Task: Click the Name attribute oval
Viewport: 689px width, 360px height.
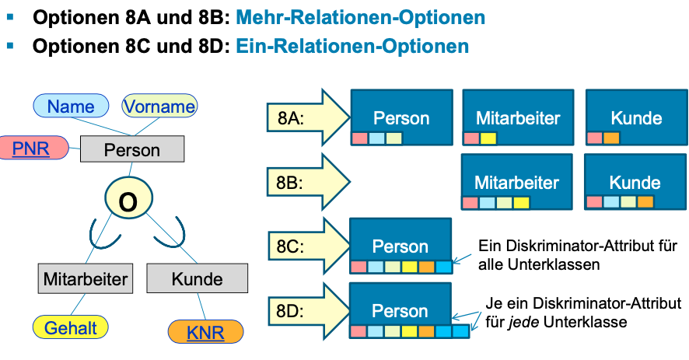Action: pos(71,106)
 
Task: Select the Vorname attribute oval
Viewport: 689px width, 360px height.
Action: pos(159,106)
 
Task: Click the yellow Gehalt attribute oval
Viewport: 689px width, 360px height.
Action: pos(70,327)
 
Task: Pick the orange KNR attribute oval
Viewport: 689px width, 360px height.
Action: pos(205,332)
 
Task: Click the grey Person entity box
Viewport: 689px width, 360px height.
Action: pos(132,149)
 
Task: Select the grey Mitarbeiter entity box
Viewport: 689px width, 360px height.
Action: pos(86,278)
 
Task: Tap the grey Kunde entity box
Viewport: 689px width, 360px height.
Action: pos(198,278)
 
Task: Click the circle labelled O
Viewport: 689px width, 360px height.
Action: pos(129,198)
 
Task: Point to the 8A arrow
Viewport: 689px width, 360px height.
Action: pos(309,118)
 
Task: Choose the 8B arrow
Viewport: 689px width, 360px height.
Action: pos(309,182)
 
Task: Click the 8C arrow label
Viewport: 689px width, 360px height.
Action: pos(290,246)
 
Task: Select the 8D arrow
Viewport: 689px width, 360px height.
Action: pos(309,311)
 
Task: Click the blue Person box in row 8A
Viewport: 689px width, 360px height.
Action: pos(401,117)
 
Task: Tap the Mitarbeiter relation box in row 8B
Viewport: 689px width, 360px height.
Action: pos(516,182)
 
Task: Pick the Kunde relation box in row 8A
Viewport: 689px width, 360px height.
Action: pos(637,117)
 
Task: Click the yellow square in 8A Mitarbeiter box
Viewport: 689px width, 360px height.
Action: pos(488,138)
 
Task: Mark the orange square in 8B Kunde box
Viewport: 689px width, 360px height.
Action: pos(645,202)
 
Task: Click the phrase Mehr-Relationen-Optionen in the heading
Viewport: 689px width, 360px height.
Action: pos(360,18)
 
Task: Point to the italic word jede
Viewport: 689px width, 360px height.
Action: pos(523,322)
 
